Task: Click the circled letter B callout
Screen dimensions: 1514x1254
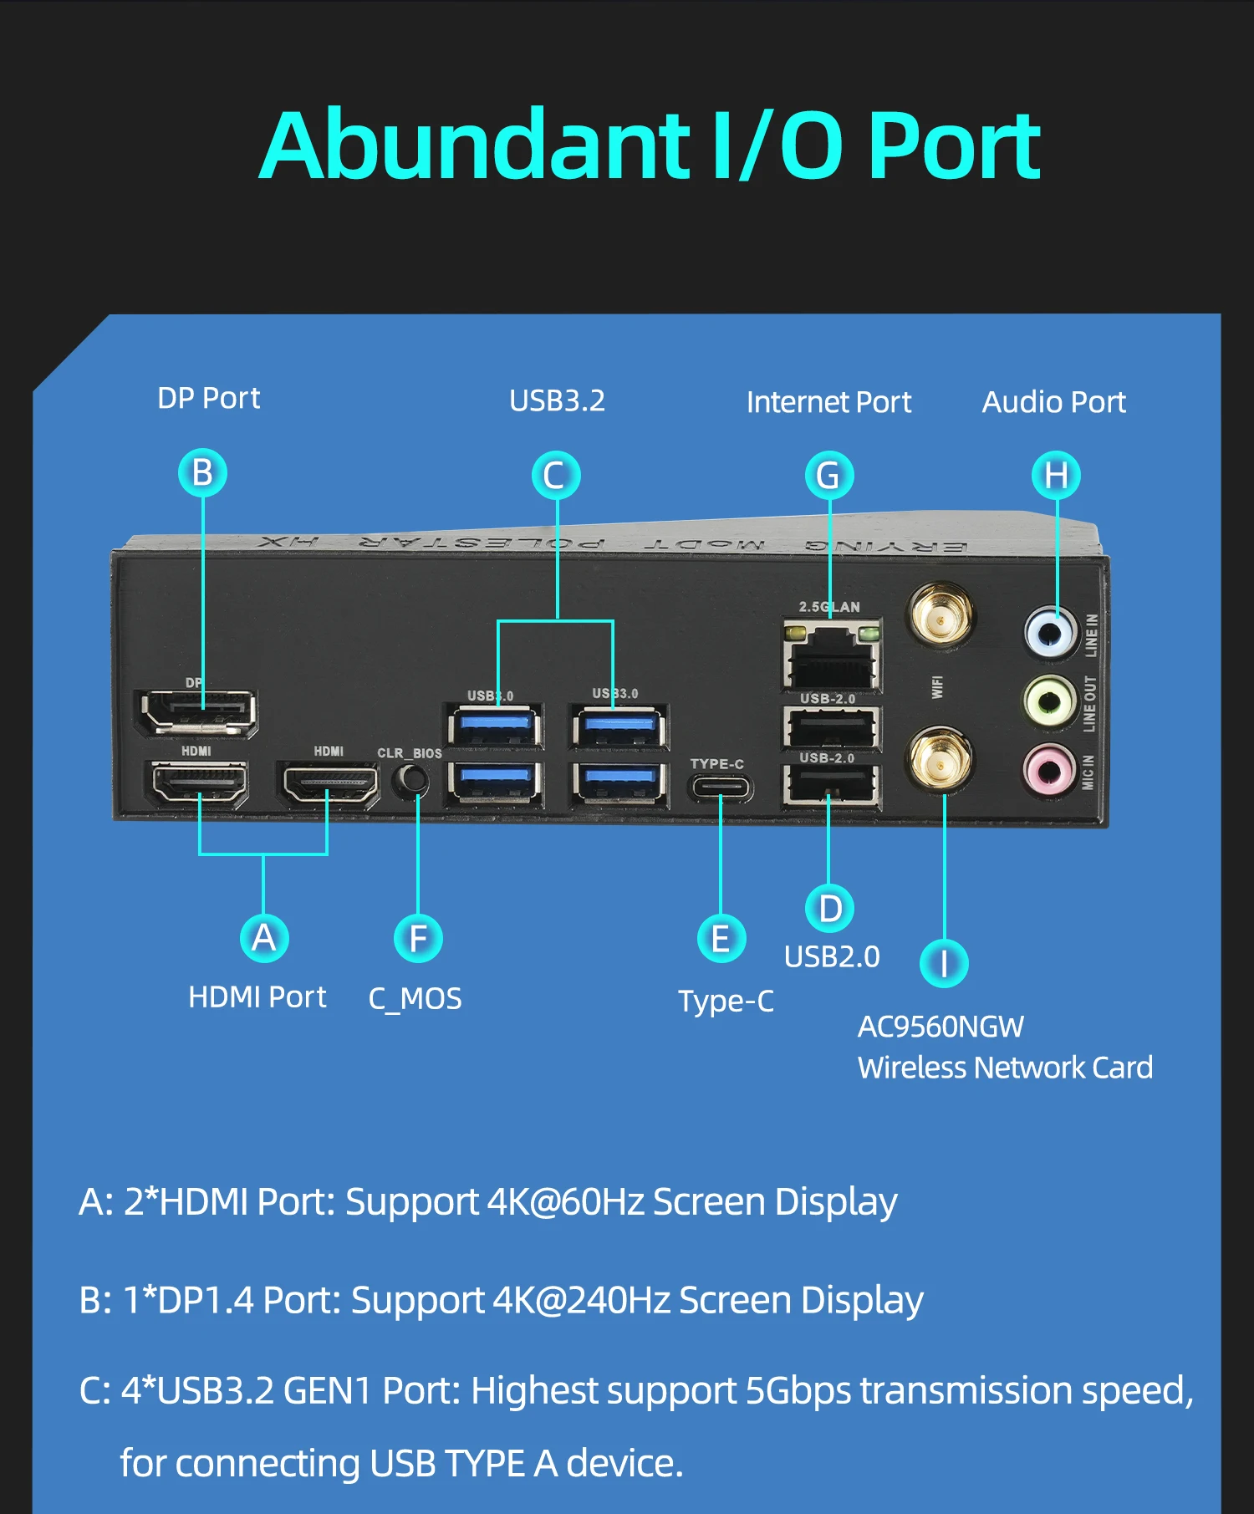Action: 202,472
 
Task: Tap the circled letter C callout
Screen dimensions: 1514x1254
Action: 556,476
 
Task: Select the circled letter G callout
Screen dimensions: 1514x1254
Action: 828,476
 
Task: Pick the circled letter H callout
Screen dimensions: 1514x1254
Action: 1056,476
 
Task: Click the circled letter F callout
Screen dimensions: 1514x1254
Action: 418,938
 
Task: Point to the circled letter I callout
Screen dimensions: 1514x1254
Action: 944,963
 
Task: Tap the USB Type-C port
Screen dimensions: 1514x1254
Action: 721,788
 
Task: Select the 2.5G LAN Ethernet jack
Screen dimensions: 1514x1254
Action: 832,656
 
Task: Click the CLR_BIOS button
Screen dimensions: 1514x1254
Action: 411,780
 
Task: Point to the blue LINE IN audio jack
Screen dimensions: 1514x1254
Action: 1050,632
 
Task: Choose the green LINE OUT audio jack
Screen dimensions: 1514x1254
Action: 1050,701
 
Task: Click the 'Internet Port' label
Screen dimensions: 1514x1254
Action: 828,402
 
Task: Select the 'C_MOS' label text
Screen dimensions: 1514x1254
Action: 415,998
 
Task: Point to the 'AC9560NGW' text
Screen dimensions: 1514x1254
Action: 940,1027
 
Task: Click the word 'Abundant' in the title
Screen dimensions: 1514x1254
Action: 475,145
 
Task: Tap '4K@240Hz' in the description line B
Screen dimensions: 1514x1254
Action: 581,1300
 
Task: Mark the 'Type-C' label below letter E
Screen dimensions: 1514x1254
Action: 726,1001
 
